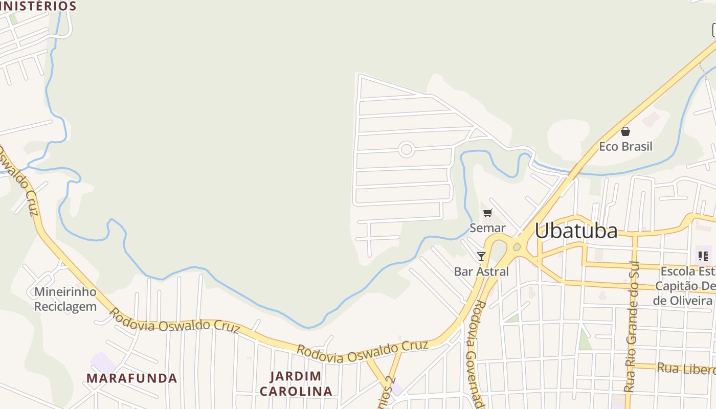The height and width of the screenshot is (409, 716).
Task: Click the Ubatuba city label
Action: click(576, 231)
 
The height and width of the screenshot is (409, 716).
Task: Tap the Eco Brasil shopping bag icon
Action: click(625, 132)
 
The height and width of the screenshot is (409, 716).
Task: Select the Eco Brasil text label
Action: click(625, 147)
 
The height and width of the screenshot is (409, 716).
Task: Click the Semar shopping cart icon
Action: click(487, 213)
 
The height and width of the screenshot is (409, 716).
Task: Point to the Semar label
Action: click(487, 228)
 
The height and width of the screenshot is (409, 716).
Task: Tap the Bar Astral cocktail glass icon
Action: click(481, 256)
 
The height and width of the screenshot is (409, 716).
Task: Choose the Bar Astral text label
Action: click(481, 271)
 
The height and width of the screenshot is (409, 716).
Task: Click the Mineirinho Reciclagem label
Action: click(65, 299)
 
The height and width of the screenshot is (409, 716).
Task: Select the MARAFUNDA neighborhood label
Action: click(131, 378)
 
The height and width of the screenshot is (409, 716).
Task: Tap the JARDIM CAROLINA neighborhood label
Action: click(296, 384)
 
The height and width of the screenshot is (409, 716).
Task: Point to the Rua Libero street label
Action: click(685, 368)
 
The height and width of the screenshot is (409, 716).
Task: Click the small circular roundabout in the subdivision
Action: click(406, 149)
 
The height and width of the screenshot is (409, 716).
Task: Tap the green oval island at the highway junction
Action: click(517, 247)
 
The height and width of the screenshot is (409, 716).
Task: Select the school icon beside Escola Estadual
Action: click(703, 256)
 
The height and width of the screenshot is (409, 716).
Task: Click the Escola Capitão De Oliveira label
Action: click(685, 286)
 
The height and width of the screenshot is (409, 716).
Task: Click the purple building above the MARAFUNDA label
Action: click(103, 362)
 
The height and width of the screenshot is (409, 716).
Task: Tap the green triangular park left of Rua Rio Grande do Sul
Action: click(584, 340)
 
